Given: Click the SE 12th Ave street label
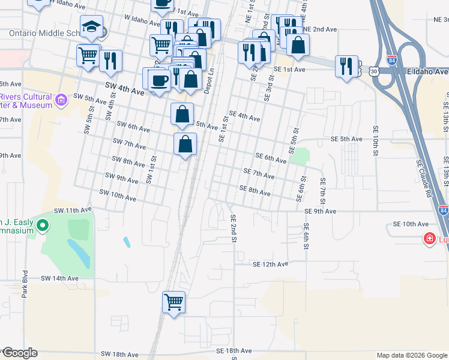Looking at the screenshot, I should tap(270, 264).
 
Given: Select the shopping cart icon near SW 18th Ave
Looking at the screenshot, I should tap(173, 302).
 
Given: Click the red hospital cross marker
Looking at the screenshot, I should tap(429, 239).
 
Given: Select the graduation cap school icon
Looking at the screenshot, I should tap(92, 27).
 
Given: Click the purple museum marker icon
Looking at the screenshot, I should tap(61, 100).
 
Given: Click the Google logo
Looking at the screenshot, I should tap(19, 353).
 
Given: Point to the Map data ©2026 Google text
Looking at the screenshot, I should tap(411, 355).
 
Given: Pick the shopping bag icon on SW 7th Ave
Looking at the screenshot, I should tap(185, 144).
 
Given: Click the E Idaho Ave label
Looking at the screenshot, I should tap(424, 71).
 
